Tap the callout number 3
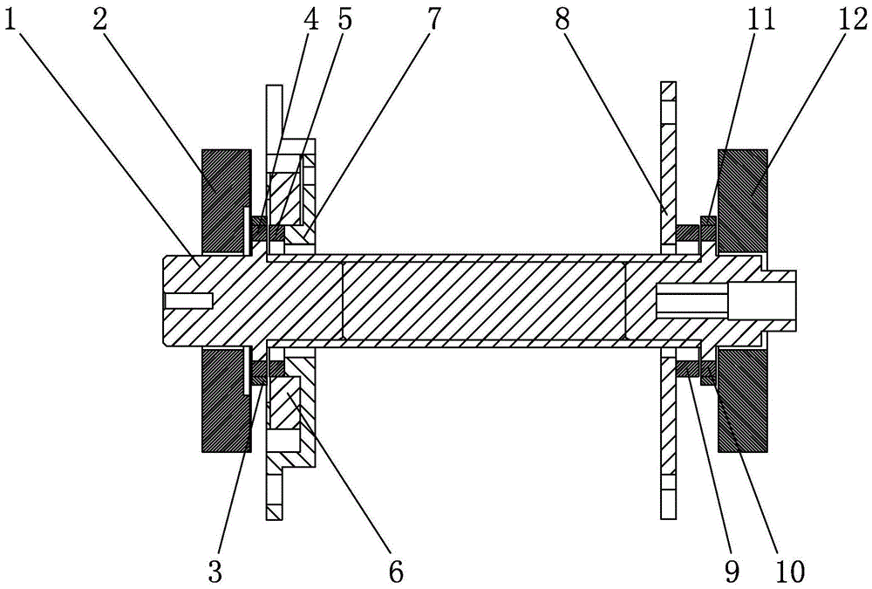[216, 572]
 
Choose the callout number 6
[395, 572]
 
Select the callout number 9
[732, 572]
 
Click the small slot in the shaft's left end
[188, 300]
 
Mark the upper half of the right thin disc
[669, 166]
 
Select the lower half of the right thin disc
[669, 436]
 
